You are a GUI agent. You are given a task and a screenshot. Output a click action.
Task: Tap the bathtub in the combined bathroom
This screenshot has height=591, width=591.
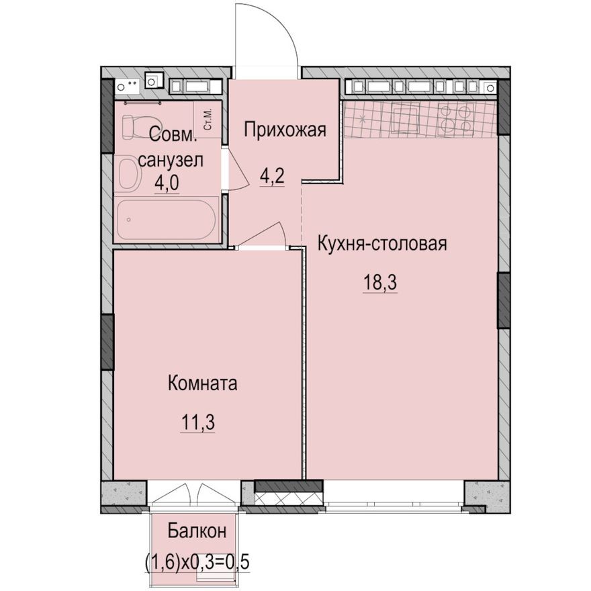pyautogui.click(x=166, y=220)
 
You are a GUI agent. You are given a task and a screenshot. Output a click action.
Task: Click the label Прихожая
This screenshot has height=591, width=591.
pyautogui.click(x=285, y=130)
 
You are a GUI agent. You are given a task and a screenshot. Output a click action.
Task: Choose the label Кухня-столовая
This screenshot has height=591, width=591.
pyautogui.click(x=382, y=243)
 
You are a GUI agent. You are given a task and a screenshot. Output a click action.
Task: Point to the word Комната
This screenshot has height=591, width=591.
pyautogui.click(x=202, y=384)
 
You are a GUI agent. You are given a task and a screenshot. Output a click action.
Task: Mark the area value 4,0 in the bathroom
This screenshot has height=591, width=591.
pyautogui.click(x=167, y=181)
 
